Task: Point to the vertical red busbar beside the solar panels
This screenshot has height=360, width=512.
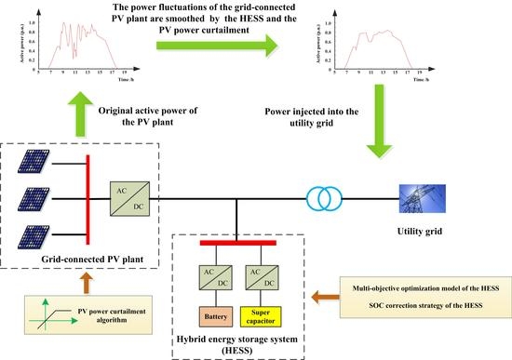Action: point(87,196)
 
